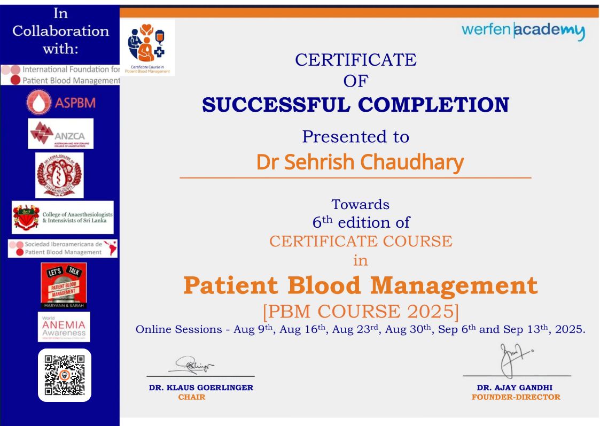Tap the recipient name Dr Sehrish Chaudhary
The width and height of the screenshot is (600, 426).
(x=360, y=162)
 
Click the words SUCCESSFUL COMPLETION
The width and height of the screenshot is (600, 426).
(x=355, y=105)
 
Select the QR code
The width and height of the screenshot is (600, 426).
(x=65, y=375)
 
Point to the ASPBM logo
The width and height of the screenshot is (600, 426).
(x=60, y=103)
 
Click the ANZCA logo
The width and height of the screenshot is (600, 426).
(x=61, y=134)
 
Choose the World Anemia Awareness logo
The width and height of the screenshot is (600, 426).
(x=64, y=327)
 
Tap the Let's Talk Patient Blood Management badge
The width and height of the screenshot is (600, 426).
(x=64, y=285)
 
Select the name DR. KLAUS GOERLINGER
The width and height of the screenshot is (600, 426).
(x=201, y=388)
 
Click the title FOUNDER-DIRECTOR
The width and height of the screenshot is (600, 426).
(x=516, y=397)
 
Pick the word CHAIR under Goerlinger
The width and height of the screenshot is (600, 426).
(x=191, y=397)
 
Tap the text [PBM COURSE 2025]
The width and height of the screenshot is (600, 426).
(x=361, y=311)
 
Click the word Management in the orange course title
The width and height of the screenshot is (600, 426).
(x=454, y=285)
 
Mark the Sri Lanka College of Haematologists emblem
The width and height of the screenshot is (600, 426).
(x=59, y=175)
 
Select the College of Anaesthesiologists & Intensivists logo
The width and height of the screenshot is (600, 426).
(x=63, y=218)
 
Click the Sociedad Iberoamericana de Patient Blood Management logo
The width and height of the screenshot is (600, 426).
(x=63, y=248)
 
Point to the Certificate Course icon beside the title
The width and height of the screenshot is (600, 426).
(x=147, y=48)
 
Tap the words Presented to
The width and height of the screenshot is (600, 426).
(x=355, y=137)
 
